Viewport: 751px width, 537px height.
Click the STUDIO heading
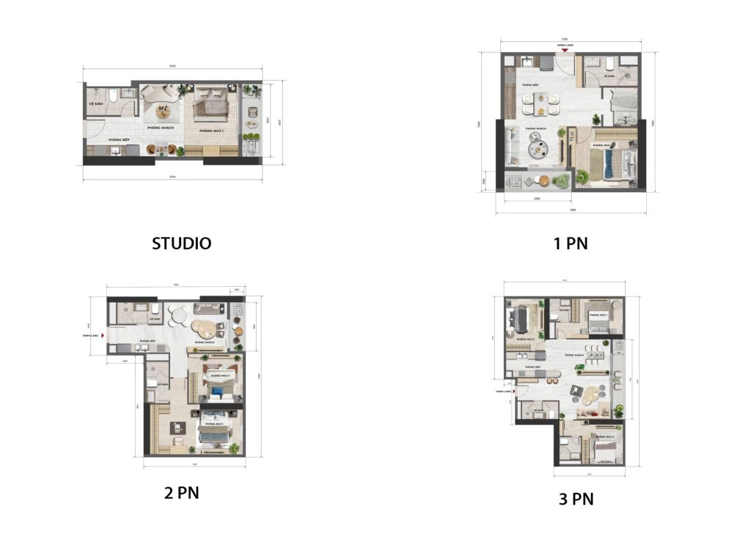click(x=181, y=244)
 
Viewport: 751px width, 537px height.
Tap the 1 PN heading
click(x=571, y=244)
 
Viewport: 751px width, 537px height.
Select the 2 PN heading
click(x=181, y=492)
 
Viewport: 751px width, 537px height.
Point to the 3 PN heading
click(x=576, y=500)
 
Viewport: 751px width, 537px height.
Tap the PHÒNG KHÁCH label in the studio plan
click(x=159, y=128)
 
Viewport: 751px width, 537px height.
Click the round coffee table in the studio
click(x=164, y=112)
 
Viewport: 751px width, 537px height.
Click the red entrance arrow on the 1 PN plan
click(x=564, y=51)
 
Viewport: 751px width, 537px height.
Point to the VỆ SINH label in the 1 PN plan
click(x=608, y=76)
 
